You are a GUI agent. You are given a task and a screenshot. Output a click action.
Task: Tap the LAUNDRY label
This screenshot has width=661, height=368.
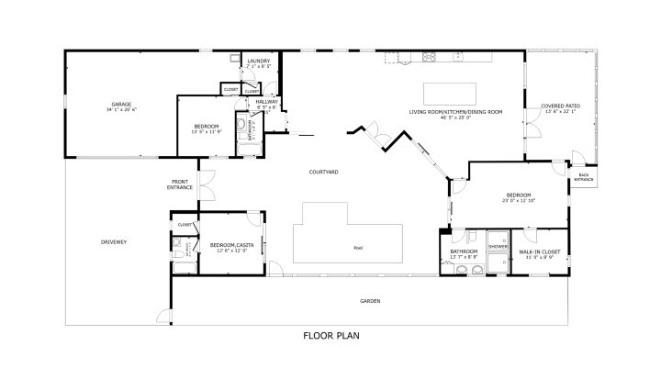click(x=258, y=61)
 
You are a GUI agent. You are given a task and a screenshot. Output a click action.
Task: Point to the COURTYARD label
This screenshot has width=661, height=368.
click(x=323, y=172)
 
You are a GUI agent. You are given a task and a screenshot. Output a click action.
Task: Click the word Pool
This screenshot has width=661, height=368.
click(x=357, y=248)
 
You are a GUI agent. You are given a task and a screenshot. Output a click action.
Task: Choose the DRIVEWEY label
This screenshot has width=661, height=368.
click(x=114, y=241)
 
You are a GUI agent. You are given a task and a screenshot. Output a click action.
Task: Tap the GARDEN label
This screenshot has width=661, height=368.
click(x=370, y=301)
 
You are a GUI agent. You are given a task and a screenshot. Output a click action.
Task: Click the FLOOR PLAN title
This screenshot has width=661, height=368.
click(x=330, y=335)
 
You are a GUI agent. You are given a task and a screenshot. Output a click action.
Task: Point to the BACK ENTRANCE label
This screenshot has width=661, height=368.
click(x=583, y=177)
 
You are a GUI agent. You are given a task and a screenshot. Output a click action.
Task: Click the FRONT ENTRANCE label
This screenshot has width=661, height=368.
click(x=180, y=184)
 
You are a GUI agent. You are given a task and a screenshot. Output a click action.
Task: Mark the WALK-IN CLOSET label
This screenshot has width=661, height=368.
click(x=540, y=251)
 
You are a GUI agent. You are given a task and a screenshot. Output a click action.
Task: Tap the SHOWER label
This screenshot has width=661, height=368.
click(x=498, y=246)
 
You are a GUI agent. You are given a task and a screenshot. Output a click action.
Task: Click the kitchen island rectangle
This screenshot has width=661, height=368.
click(x=450, y=94)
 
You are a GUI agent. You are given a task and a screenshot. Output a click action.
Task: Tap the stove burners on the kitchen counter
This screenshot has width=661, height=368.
click(x=429, y=58)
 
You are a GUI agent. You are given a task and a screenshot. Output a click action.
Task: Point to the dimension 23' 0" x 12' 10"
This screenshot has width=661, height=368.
click(x=519, y=200)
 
